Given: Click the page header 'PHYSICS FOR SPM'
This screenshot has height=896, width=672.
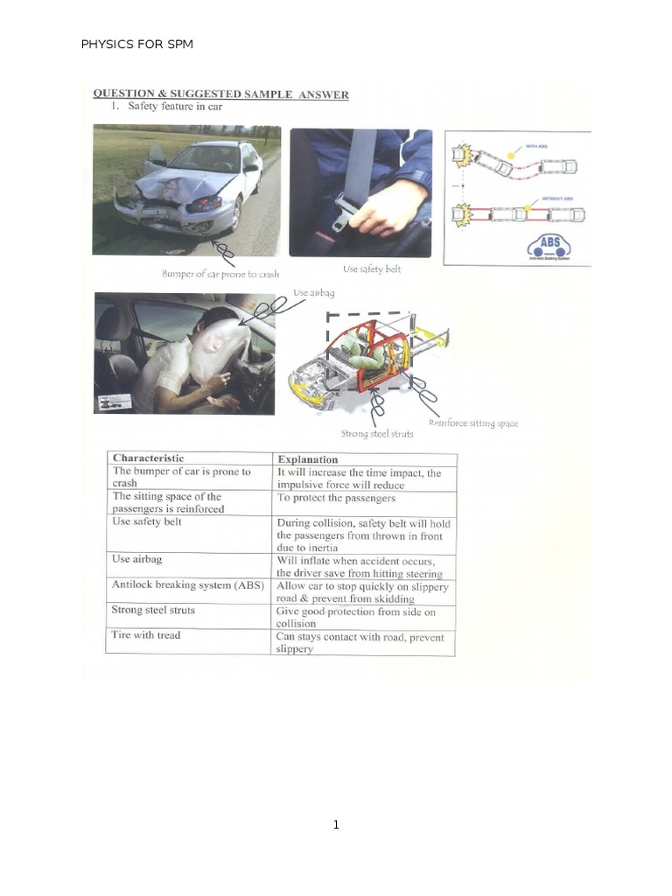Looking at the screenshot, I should tap(136, 44).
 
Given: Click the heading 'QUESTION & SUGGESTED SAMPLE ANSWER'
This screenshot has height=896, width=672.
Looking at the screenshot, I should tap(220, 94).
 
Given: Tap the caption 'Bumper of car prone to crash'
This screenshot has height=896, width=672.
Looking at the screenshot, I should tap(220, 274).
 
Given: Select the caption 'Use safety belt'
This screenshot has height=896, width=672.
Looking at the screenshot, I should tap(372, 269).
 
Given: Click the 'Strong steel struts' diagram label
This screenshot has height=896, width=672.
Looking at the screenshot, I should tap(377, 433).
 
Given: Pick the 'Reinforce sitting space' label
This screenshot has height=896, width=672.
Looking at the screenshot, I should tap(472, 423).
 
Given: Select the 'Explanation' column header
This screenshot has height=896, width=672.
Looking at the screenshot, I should tap(307, 458).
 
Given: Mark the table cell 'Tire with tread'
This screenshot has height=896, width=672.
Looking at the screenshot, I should tap(145, 635).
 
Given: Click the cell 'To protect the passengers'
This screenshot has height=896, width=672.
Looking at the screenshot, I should tap(336, 498).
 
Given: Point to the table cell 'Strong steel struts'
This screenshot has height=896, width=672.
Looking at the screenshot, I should tap(153, 610).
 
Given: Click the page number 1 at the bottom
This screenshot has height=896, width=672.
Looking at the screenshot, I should tap(336, 824).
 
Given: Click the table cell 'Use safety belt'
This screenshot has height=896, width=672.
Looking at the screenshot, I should tap(147, 521).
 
